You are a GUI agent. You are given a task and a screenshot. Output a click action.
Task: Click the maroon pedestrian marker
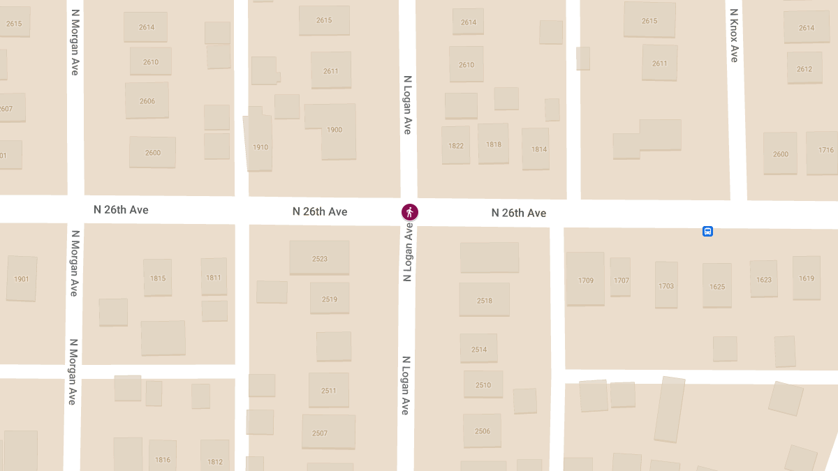click(x=410, y=211)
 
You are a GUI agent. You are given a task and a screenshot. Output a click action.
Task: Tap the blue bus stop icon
click(x=707, y=232)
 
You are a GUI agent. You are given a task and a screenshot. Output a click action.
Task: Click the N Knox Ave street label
click(x=733, y=36)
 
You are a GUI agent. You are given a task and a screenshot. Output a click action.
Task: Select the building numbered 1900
click(x=335, y=130)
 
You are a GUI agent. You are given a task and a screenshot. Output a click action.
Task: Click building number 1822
click(x=456, y=145)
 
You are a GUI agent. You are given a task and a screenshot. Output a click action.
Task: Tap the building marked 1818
click(x=494, y=144)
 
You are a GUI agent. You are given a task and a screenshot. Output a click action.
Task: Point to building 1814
click(x=536, y=148)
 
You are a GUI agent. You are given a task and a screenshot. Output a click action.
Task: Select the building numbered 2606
click(x=147, y=100)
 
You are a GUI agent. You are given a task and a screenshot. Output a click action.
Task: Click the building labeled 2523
click(x=319, y=257)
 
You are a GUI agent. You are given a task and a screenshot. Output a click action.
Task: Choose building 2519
click(x=330, y=299)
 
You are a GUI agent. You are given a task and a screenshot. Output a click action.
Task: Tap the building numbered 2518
click(x=484, y=299)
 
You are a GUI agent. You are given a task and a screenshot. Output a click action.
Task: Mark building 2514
click(x=478, y=348)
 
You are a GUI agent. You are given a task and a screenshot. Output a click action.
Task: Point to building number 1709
click(x=585, y=279)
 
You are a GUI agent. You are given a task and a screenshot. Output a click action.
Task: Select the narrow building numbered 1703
click(x=666, y=285)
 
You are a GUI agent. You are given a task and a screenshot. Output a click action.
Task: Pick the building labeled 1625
click(x=717, y=285)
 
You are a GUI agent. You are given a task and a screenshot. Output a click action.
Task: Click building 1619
click(x=807, y=278)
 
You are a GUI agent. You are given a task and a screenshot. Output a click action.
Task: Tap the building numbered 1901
click(x=22, y=278)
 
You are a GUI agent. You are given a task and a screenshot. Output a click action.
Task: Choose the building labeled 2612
click(x=804, y=68)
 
